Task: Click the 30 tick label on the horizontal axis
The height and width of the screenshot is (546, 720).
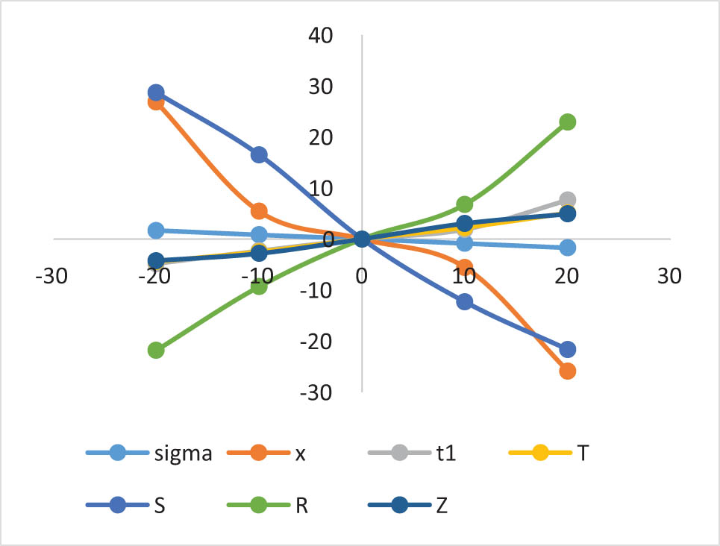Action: tap(670, 275)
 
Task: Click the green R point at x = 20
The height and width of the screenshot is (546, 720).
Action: tap(567, 122)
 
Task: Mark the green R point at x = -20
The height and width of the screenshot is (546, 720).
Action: tap(156, 350)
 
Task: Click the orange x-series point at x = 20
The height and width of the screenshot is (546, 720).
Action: tap(567, 371)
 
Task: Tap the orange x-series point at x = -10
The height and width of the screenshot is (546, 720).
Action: tap(259, 211)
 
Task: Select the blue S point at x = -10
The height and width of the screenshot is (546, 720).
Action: tap(259, 155)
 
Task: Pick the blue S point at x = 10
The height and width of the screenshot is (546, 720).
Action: tap(465, 302)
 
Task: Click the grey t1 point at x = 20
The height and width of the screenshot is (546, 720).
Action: tap(567, 200)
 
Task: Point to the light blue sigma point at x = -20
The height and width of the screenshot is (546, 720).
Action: tap(156, 230)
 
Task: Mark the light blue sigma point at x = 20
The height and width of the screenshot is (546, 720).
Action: tap(567, 248)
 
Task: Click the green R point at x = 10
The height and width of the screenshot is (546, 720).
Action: tap(465, 204)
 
